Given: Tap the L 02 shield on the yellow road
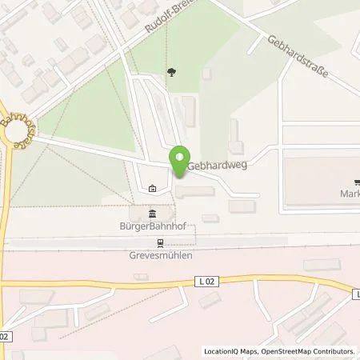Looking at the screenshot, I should (206, 280).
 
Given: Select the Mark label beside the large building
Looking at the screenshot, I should (349, 194).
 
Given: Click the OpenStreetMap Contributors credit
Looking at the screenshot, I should (309, 351).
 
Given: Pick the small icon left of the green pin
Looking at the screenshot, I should (153, 189).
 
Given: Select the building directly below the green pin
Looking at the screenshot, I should (195, 191).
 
